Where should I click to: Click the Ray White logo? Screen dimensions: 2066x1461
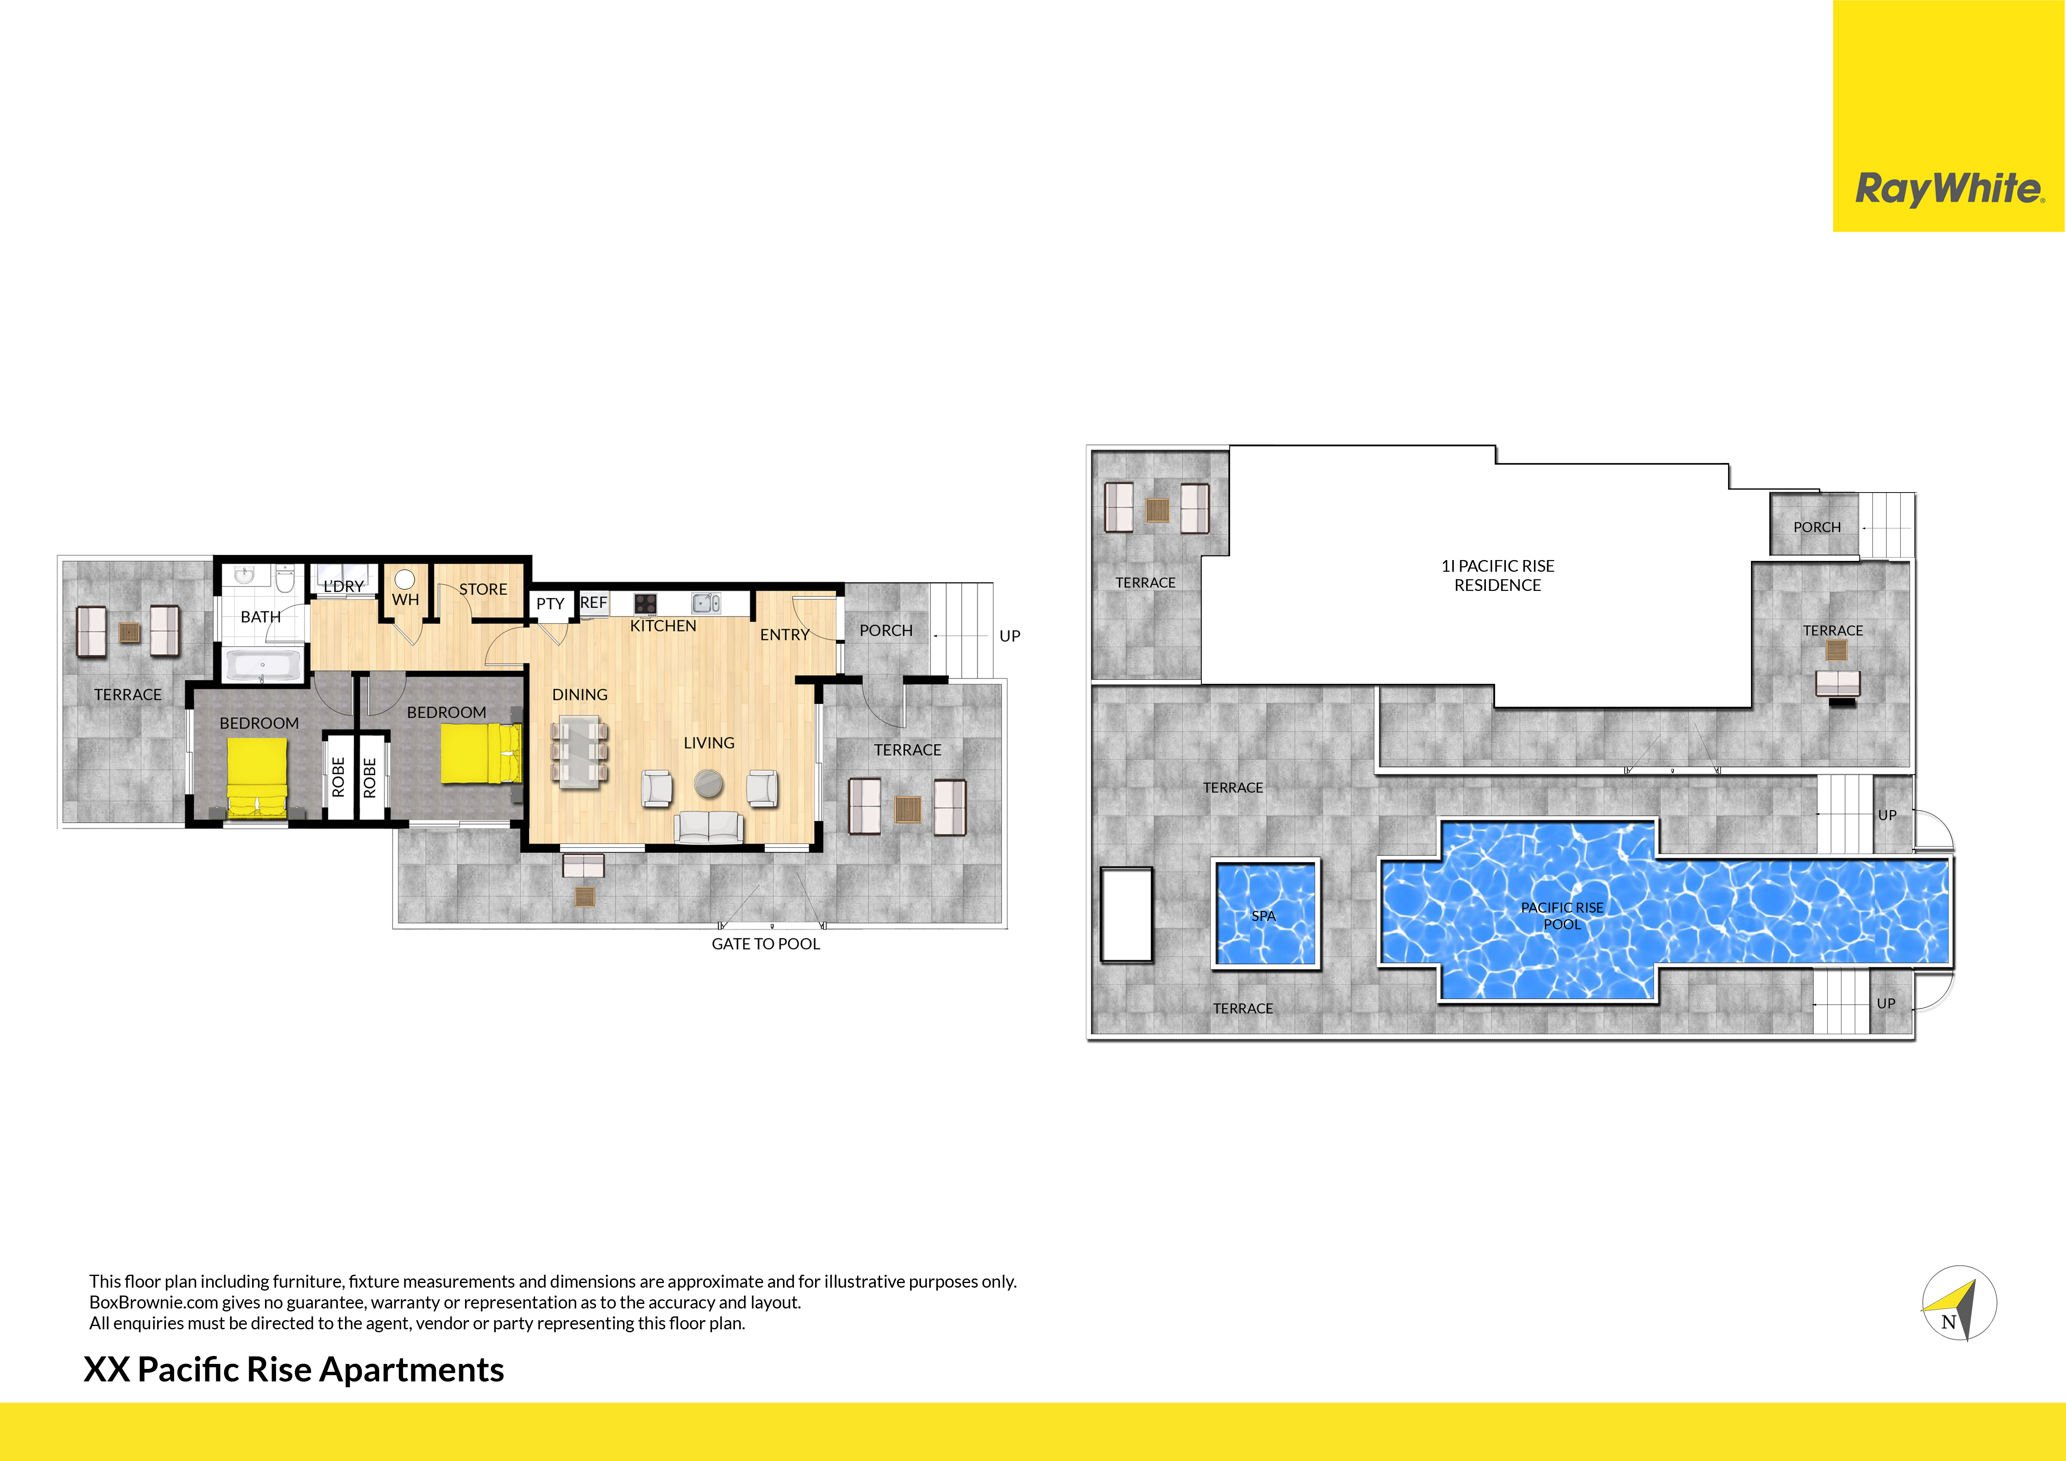coord(1949,189)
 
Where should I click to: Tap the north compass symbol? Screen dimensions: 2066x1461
coord(1959,1303)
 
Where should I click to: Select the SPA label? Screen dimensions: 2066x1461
coord(1263,916)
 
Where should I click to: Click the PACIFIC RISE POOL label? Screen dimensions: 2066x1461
coord(1562,916)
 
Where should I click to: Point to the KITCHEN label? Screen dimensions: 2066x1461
coord(663,626)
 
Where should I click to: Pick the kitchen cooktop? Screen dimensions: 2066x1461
coord(645,604)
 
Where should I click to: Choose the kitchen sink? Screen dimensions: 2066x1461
coord(706,603)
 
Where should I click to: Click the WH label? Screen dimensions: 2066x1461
coord(406,600)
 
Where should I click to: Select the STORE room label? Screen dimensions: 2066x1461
coord(483,589)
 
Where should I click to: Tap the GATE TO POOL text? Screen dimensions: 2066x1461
coord(766,944)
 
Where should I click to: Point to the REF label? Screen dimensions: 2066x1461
coord(594,603)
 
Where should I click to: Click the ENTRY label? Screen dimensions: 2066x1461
coord(785,635)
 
